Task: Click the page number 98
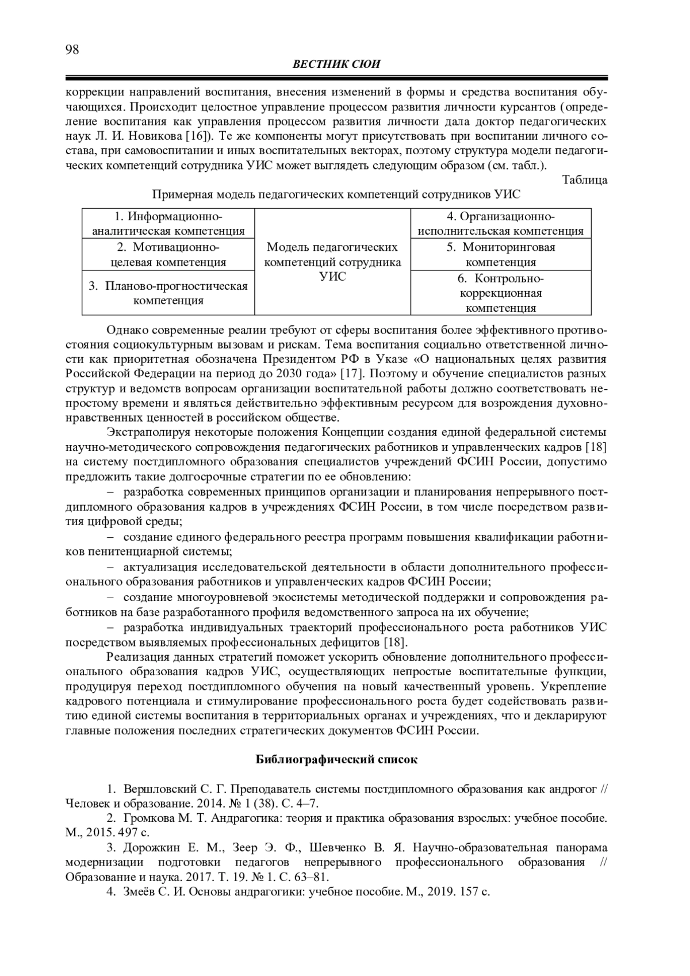point(72,50)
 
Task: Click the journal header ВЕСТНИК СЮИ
point(336,64)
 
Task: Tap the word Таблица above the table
point(585,180)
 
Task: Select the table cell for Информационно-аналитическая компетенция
point(168,224)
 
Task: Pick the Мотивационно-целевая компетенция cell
point(168,255)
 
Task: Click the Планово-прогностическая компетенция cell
point(168,293)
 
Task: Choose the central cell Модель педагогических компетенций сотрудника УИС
point(332,262)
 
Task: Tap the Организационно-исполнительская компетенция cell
point(500,224)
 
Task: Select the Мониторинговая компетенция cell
point(500,255)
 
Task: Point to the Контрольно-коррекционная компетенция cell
point(500,293)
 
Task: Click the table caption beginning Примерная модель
point(336,194)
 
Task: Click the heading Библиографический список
point(336,759)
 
